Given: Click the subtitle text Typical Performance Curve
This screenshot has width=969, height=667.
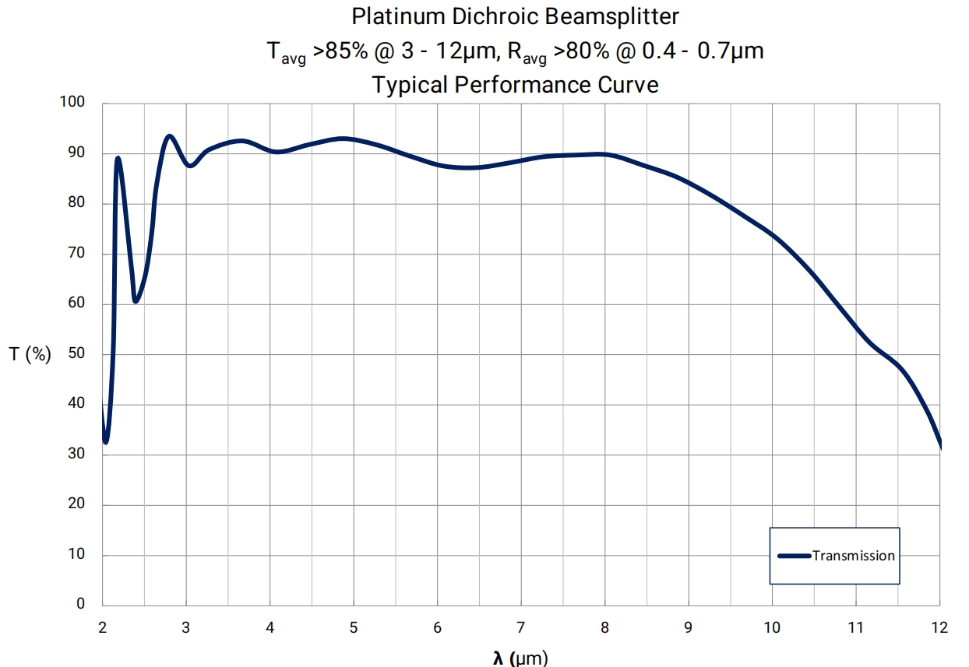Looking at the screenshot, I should coord(515,84).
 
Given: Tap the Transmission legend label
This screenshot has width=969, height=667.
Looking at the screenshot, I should coord(854,556).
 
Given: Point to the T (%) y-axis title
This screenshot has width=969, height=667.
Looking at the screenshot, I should coord(30,355).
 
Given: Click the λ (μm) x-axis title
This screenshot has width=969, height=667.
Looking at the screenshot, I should coord(520,659).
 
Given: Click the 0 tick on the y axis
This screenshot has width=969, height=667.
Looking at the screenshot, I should coord(80,604).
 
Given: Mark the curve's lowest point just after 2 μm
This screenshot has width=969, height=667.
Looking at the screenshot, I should coord(106,442).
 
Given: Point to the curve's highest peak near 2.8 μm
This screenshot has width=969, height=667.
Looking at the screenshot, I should coord(169,136).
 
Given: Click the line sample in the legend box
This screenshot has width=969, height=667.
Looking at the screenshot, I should coord(795,556).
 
